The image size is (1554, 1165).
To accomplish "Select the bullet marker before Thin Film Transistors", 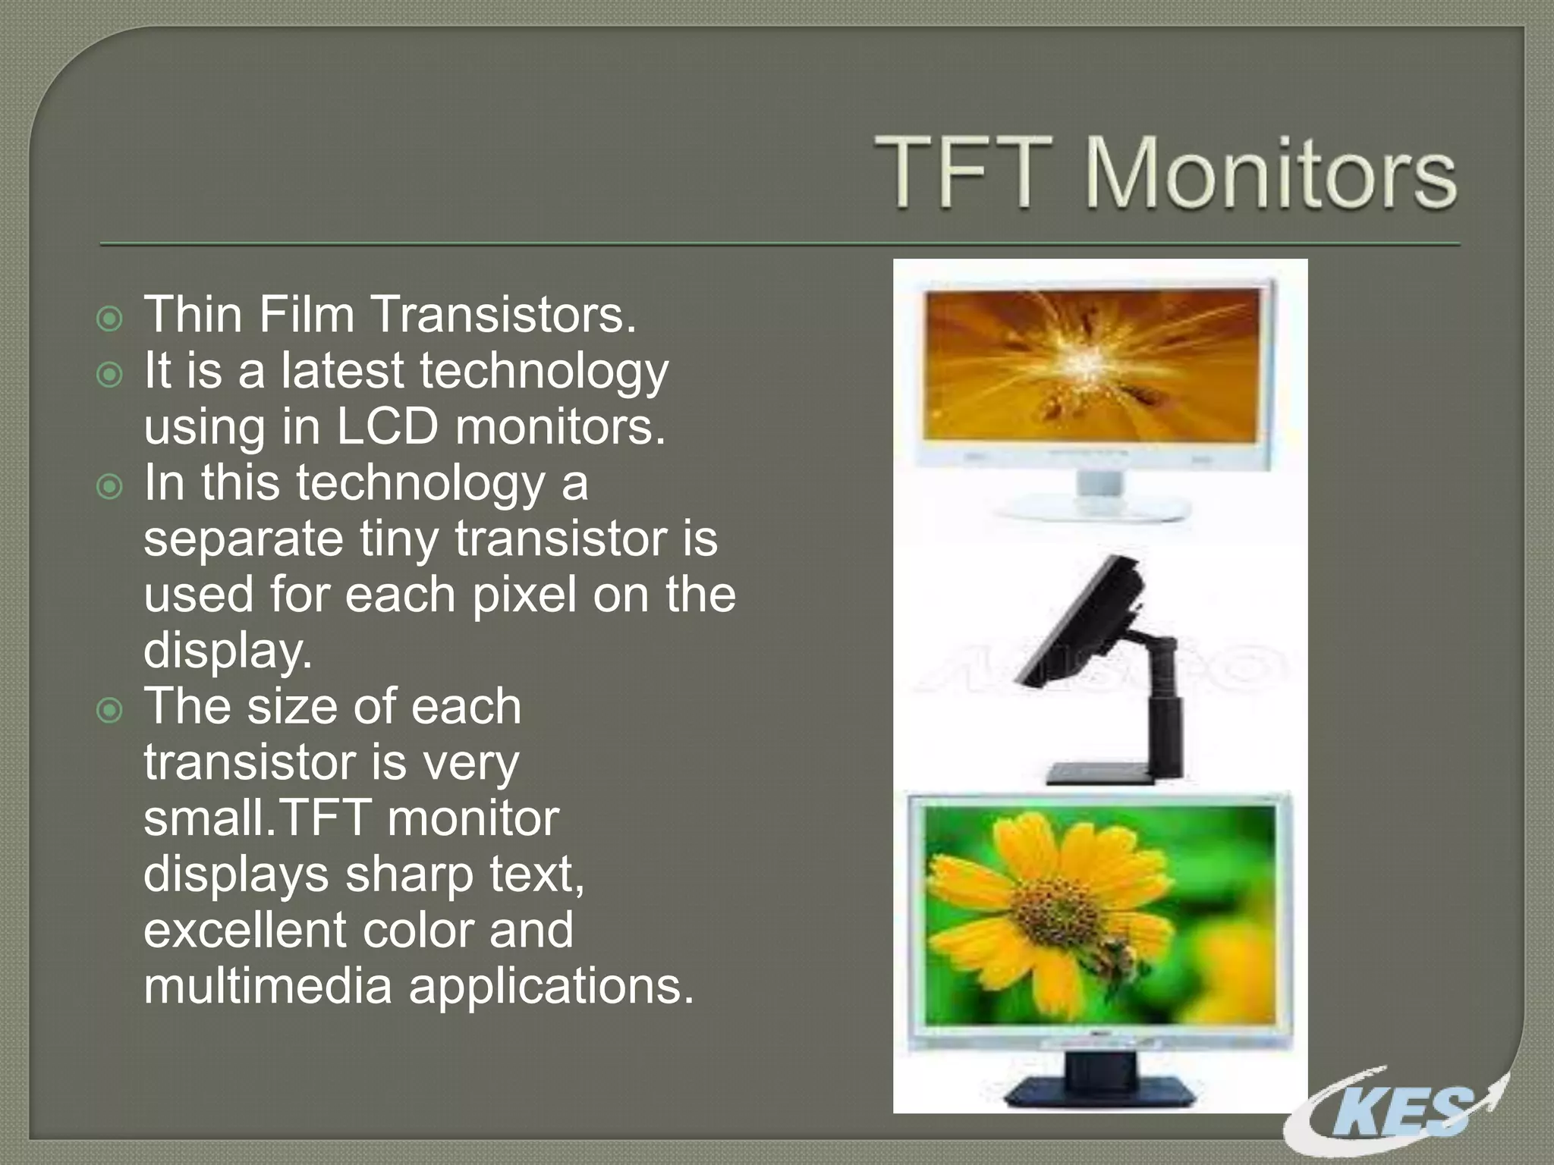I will [x=111, y=319].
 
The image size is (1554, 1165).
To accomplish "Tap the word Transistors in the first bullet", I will [x=503, y=314].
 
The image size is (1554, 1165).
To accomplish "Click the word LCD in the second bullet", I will [x=387, y=426].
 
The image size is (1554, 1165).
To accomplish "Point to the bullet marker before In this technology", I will [x=111, y=487].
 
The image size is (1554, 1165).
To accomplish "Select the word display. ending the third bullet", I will [x=228, y=651].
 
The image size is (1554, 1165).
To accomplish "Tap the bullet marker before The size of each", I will [x=111, y=711].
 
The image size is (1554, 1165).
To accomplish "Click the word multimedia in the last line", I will [x=267, y=986].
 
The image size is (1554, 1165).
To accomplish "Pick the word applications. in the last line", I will [x=552, y=986].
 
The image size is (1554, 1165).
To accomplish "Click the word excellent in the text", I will [x=244, y=930].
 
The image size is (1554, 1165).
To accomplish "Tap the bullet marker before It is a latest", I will [x=111, y=375].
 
